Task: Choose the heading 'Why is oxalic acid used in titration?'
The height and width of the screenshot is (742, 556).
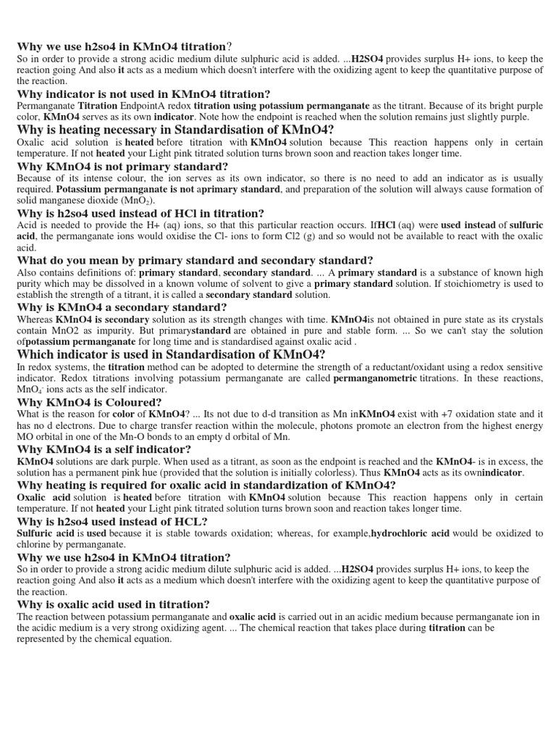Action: coord(113,604)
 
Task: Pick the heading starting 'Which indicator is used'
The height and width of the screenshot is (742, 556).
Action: coord(171,354)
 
